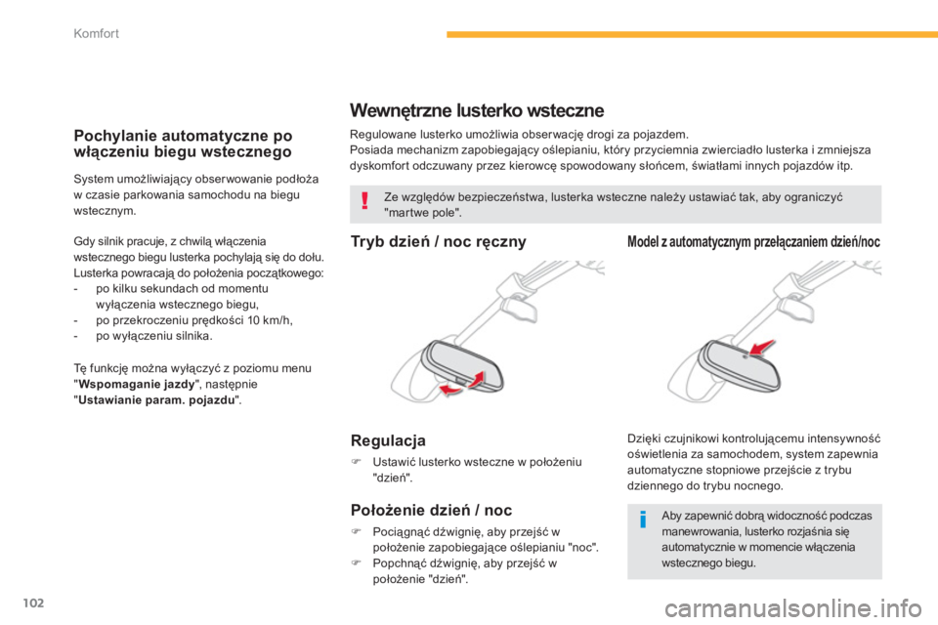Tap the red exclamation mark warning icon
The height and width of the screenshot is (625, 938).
point(364,203)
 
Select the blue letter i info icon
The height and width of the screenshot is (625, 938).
point(642,520)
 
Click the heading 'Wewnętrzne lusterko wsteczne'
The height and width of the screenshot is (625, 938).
point(477,110)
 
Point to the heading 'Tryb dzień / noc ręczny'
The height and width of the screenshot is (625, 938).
point(438,240)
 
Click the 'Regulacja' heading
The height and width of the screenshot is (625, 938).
point(388,440)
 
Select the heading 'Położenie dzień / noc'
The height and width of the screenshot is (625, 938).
point(431,509)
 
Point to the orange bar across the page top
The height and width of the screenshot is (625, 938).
point(690,35)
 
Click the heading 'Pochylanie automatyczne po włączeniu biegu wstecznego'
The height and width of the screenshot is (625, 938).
point(183,144)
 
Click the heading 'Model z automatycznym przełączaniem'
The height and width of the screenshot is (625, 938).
point(753,240)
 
